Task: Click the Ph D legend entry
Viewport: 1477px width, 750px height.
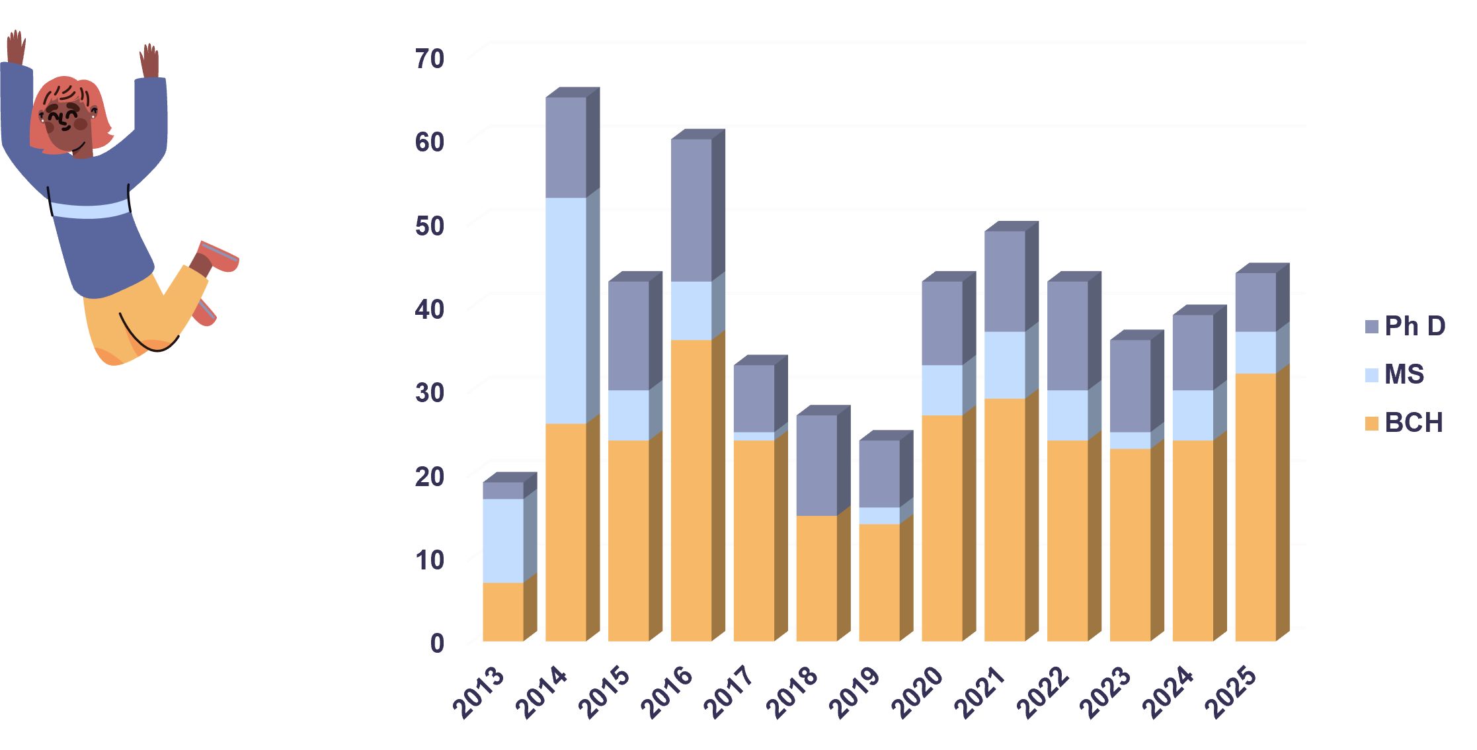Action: pyautogui.click(x=1406, y=326)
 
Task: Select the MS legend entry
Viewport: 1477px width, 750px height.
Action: pyautogui.click(x=1395, y=374)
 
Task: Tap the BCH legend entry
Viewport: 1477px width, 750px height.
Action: pyautogui.click(x=1404, y=423)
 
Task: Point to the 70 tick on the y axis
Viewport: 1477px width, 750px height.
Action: pyautogui.click(x=430, y=59)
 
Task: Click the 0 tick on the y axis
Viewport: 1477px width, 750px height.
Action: pyautogui.click(x=437, y=643)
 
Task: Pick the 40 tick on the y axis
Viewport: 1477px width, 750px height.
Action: pyautogui.click(x=430, y=310)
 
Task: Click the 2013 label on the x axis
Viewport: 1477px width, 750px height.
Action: pyautogui.click(x=479, y=692)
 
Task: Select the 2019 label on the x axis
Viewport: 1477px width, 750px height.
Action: pyautogui.click(x=856, y=692)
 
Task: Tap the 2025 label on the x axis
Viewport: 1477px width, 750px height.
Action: pyautogui.click(x=1231, y=692)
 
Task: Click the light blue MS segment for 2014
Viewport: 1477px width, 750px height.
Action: pyautogui.click(x=566, y=310)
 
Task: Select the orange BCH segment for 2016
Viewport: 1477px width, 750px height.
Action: pyautogui.click(x=692, y=490)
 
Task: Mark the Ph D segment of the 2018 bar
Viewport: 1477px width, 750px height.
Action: pyautogui.click(x=817, y=465)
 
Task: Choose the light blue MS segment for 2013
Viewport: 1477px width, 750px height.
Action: pyautogui.click(x=503, y=540)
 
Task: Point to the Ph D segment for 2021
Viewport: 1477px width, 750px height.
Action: pyautogui.click(x=1005, y=281)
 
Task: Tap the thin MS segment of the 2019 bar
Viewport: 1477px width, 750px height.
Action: pyautogui.click(x=879, y=516)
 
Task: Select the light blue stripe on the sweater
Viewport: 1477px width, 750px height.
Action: pyautogui.click(x=90, y=209)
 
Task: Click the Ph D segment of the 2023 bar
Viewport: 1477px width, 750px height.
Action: pyautogui.click(x=1131, y=386)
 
